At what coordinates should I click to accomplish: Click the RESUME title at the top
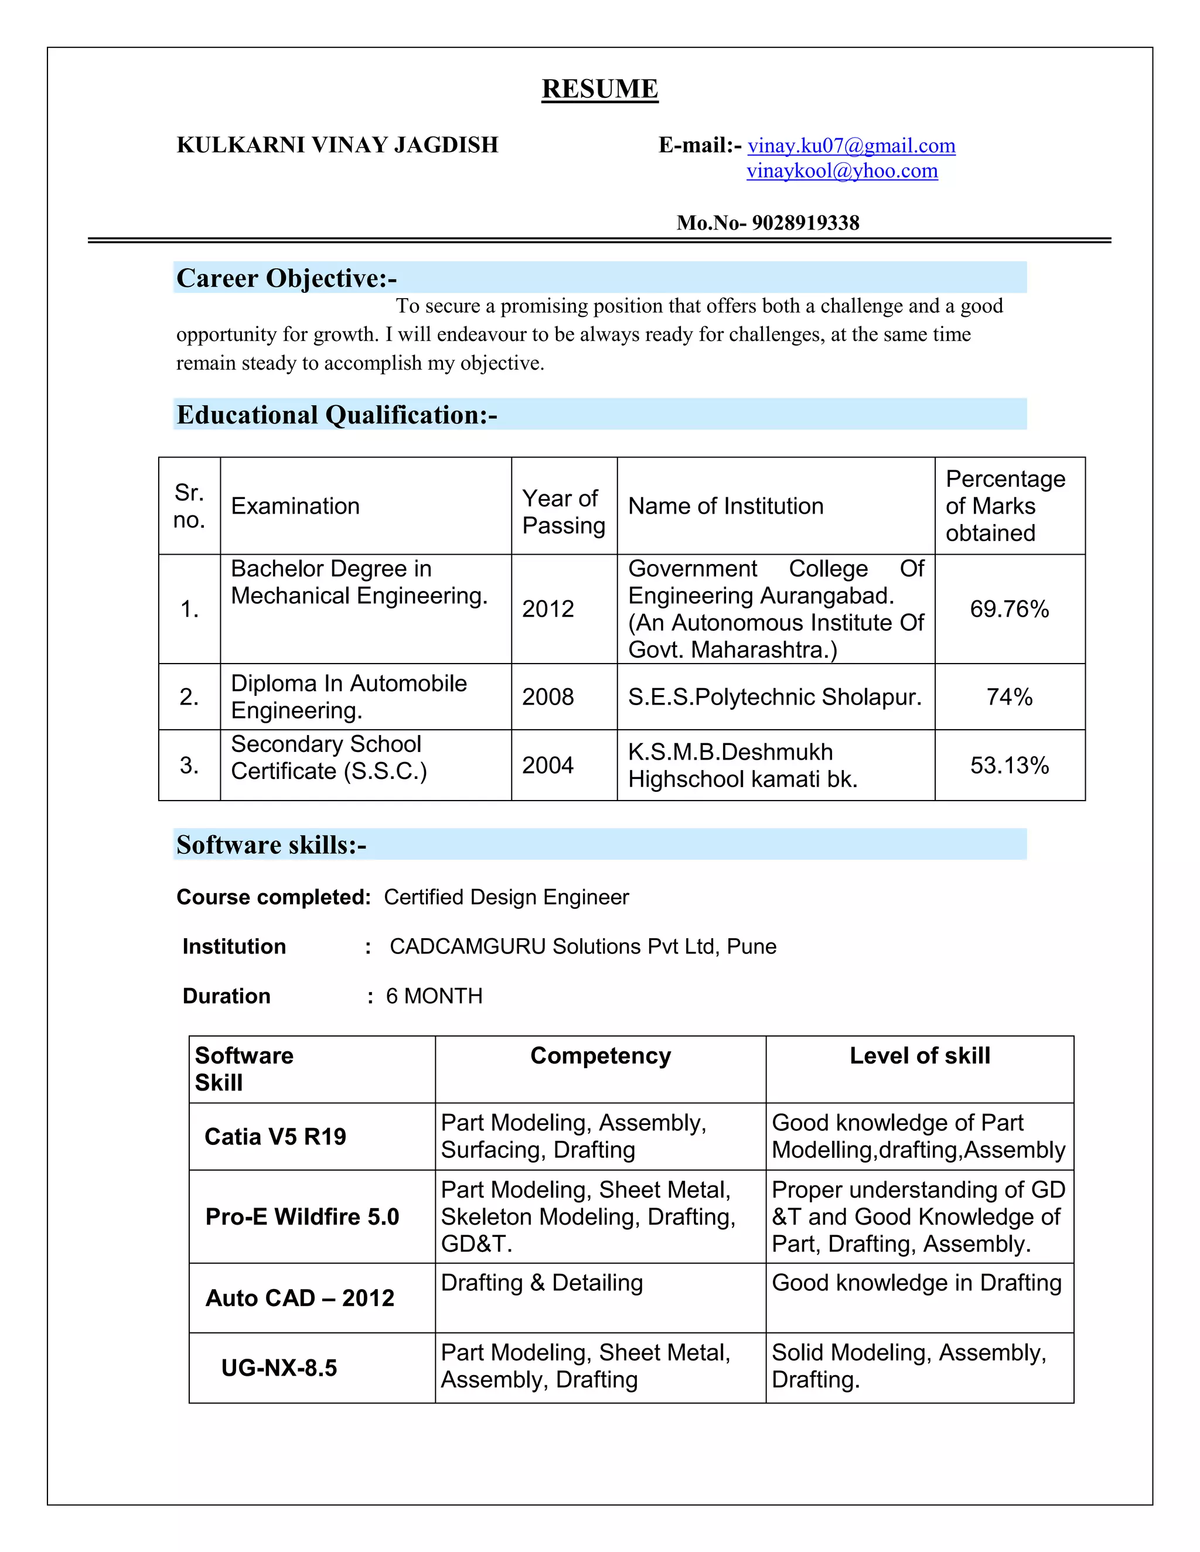coord(599,89)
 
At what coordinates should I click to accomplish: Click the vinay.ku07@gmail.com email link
coord(851,146)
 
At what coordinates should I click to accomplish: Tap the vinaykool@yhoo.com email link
coord(842,170)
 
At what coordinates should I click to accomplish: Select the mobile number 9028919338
coord(806,223)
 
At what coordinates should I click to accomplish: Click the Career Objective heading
coord(287,278)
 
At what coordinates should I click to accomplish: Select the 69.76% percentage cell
coord(1009,609)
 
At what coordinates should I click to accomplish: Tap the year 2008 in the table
coord(547,696)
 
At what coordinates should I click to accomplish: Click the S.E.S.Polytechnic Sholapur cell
coord(774,696)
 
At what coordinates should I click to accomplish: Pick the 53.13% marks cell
coord(1009,765)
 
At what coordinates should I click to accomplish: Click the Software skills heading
coord(271,845)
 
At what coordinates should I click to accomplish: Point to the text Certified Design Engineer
coord(506,897)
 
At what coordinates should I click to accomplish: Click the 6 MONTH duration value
coord(434,996)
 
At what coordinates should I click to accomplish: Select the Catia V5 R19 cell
coord(275,1137)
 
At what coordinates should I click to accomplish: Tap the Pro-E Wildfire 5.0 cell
coord(302,1216)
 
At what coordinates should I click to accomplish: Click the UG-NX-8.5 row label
coord(279,1368)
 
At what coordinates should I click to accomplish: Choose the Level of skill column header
coord(919,1056)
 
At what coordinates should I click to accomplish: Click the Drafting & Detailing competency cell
coord(542,1283)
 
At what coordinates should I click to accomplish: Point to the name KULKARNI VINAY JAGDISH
coord(337,145)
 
